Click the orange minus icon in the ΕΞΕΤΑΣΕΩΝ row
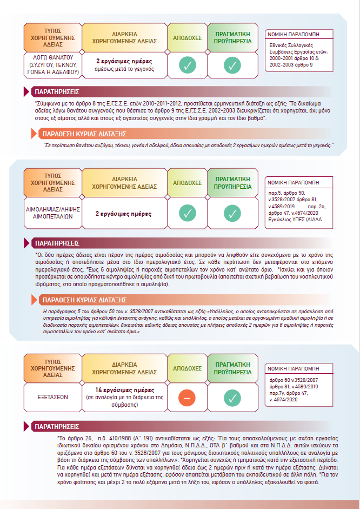(x=187, y=398)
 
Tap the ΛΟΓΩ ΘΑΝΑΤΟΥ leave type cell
(x=52, y=64)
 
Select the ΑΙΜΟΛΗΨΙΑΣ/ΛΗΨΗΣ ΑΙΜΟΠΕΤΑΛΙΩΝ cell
(x=52, y=211)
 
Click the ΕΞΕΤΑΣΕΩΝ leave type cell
(x=52, y=397)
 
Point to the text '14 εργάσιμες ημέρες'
(x=125, y=390)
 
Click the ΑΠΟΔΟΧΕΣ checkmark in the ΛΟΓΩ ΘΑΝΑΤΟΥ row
(x=187, y=65)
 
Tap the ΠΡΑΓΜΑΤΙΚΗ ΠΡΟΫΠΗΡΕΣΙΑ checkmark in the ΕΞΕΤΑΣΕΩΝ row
(x=231, y=398)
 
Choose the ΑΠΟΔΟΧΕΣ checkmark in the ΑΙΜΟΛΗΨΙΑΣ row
(x=187, y=213)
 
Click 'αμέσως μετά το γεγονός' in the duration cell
(x=125, y=69)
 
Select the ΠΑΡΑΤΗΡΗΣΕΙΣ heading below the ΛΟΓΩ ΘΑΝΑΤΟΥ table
(x=56, y=91)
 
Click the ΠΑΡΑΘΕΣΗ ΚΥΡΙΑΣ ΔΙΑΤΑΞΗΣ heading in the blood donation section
(x=84, y=300)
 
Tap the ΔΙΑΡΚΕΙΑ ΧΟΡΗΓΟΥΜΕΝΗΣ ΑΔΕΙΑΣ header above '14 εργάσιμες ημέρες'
(x=125, y=366)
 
